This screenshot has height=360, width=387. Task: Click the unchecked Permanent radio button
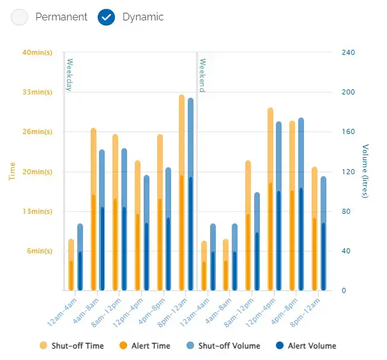19,17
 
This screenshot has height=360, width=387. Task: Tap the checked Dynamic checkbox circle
106,17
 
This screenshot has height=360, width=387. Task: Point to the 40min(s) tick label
38,52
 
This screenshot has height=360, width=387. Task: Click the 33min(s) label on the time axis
38,92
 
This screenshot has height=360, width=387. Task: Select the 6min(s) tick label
40,251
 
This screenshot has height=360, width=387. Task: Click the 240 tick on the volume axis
348,52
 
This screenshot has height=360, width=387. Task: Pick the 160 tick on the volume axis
348,131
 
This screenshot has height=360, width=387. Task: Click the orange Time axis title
12,171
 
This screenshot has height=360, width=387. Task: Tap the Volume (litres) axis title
365,171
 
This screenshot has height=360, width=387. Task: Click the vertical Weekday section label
70,75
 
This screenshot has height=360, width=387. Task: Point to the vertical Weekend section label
202,75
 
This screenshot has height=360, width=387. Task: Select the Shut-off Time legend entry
72,346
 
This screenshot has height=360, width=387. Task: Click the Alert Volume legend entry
306,346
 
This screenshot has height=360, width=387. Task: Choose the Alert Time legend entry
144,346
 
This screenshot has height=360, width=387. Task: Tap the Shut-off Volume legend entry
224,346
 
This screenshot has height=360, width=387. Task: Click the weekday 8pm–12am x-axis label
173,313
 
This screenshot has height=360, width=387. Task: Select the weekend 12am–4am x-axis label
195,313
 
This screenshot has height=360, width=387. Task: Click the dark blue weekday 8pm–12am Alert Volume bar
190,234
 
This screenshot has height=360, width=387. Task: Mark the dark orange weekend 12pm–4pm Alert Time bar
271,236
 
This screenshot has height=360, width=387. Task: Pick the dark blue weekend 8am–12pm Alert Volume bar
257,261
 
